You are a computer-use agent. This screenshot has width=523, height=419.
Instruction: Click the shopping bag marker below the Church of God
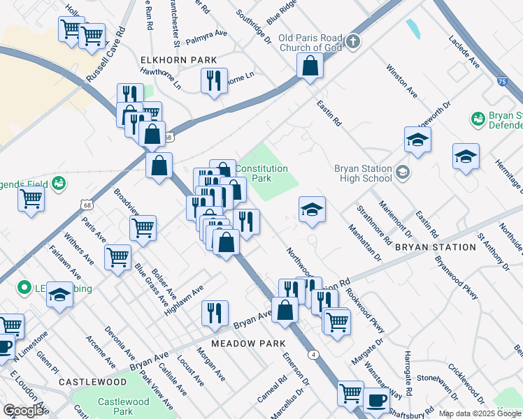310,67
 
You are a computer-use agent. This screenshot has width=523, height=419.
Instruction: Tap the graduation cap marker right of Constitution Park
312,209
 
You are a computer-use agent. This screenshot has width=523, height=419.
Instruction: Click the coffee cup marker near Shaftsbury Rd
376,400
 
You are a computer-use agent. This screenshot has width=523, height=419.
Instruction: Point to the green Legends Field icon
58,184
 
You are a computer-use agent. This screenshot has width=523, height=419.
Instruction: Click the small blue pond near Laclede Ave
413,29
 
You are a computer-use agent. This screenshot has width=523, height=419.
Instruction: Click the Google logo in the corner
23,411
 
